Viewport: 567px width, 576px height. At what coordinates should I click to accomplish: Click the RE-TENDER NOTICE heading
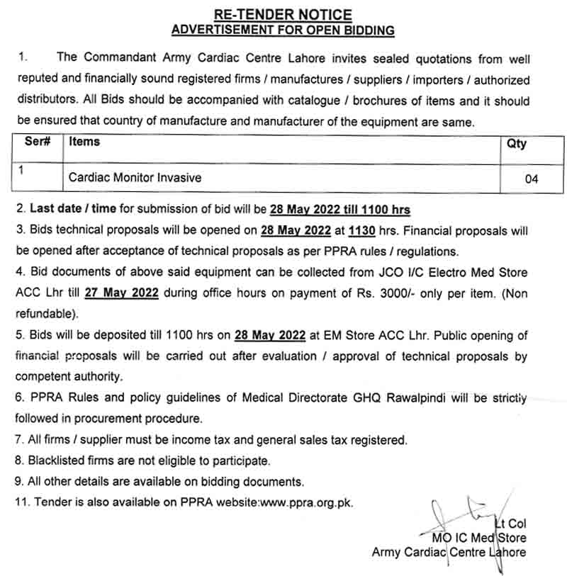point(282,14)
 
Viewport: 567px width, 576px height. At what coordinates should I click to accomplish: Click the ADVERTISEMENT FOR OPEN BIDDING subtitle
point(282,30)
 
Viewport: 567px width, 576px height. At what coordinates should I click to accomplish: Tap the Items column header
point(84,142)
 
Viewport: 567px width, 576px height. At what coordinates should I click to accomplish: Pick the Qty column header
point(517,144)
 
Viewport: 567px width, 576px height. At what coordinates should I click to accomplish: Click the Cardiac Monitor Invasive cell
point(135,178)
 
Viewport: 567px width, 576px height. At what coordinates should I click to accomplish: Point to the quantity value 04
point(532,179)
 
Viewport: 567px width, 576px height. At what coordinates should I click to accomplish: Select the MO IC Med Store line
point(478,538)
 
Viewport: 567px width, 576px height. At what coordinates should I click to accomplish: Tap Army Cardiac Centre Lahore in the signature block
point(449,553)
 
